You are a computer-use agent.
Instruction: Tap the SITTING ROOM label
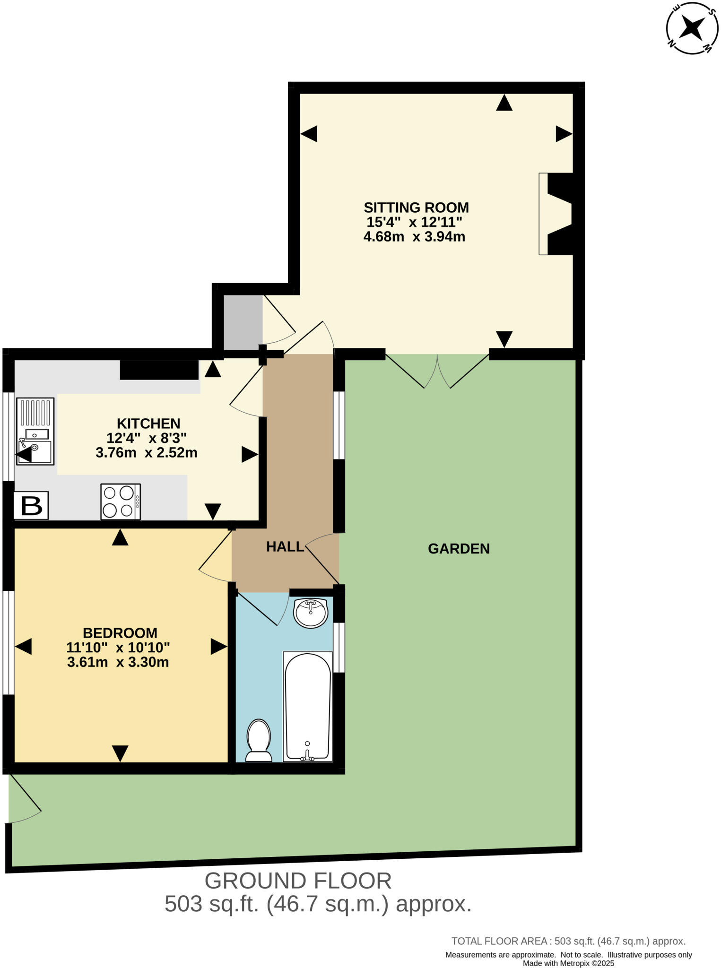click(x=416, y=207)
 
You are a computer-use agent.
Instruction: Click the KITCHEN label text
click(x=148, y=423)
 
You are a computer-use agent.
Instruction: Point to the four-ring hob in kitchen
click(x=121, y=501)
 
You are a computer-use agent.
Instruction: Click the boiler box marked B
click(x=31, y=506)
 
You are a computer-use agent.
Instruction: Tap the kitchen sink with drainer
click(x=35, y=431)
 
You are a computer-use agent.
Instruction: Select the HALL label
click(x=285, y=547)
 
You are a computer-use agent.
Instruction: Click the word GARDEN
click(x=459, y=549)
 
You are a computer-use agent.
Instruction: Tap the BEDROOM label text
click(x=120, y=633)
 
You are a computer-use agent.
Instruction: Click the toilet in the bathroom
click(x=259, y=741)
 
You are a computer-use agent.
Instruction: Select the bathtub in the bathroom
click(x=307, y=707)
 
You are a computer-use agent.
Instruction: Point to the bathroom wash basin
click(x=311, y=613)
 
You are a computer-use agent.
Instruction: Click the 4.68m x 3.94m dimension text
click(x=414, y=237)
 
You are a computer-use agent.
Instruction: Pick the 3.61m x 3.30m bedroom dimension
click(x=118, y=662)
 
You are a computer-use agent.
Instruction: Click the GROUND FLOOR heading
click(x=298, y=881)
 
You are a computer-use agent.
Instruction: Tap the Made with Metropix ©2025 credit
click(x=568, y=963)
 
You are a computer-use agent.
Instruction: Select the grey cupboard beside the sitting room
click(x=243, y=321)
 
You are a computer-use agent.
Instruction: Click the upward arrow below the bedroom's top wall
click(x=120, y=538)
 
